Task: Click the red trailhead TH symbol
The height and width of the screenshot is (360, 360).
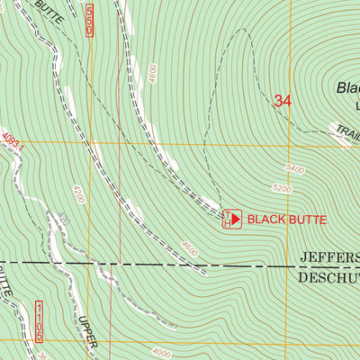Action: click(x=231, y=219)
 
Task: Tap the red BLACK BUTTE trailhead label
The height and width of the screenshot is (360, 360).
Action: click(x=287, y=219)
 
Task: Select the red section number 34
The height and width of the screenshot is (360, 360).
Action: click(x=283, y=102)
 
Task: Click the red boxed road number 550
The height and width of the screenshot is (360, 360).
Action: click(x=90, y=18)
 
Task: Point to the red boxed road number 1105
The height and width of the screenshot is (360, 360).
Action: click(x=40, y=321)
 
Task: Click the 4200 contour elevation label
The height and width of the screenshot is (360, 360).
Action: click(x=80, y=193)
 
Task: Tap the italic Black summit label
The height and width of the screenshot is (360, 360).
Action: click(x=347, y=88)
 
